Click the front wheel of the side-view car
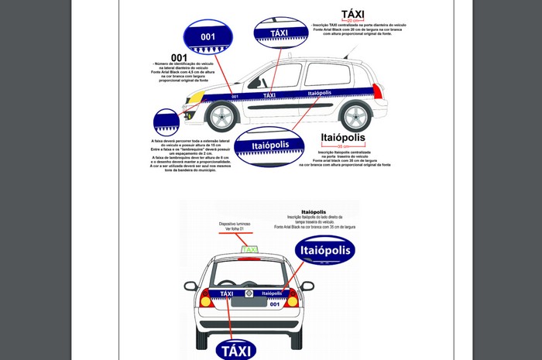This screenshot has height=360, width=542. tap(222, 116)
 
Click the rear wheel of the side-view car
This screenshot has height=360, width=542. tap(355, 116)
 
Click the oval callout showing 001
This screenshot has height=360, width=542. tap(208, 37)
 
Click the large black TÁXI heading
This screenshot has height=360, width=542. tap(352, 14)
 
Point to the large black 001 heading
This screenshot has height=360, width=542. tap(179, 57)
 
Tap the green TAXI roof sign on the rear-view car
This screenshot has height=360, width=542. tap(249, 249)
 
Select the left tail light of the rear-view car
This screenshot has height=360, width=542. tap(207, 298)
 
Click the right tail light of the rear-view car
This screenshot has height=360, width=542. tap(293, 298)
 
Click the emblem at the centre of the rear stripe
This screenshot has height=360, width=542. tap(249, 293)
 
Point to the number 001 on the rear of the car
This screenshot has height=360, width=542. tap(273, 304)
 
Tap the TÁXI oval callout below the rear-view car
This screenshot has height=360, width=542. tap(238, 348)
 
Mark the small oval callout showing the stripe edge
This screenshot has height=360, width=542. tap(166, 122)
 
